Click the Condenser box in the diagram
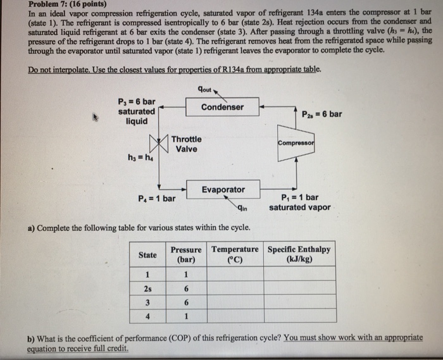pos(221,107)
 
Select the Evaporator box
pos(223,189)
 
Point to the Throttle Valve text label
pos(187,144)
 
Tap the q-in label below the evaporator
pos(242,208)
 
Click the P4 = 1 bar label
pos(156,198)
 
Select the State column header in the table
pos(147,254)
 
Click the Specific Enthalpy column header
pos(299,254)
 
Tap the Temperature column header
pos(235,254)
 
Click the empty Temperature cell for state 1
pos(235,275)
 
